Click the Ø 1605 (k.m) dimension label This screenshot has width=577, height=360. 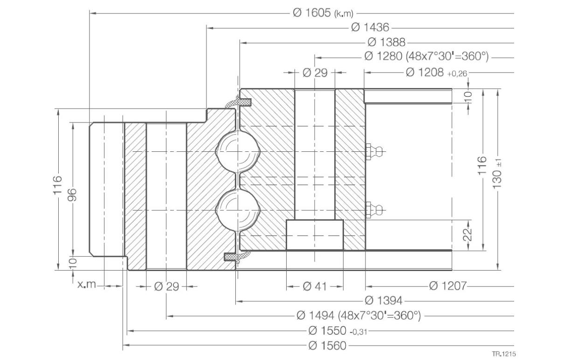click(x=323, y=13)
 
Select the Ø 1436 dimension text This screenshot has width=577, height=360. click(x=370, y=27)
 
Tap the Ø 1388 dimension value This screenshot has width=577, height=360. click(x=386, y=42)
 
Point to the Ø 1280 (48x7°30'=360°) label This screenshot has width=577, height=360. click(x=426, y=56)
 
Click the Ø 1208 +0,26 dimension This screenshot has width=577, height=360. click(x=436, y=72)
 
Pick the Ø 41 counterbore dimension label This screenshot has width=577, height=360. click(x=315, y=286)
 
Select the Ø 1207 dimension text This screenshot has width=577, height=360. click(x=448, y=285)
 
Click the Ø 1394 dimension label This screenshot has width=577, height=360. click(x=384, y=300)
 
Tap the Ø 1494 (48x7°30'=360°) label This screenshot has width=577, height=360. click(x=358, y=315)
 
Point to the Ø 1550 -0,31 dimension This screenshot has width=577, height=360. click(x=337, y=331)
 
